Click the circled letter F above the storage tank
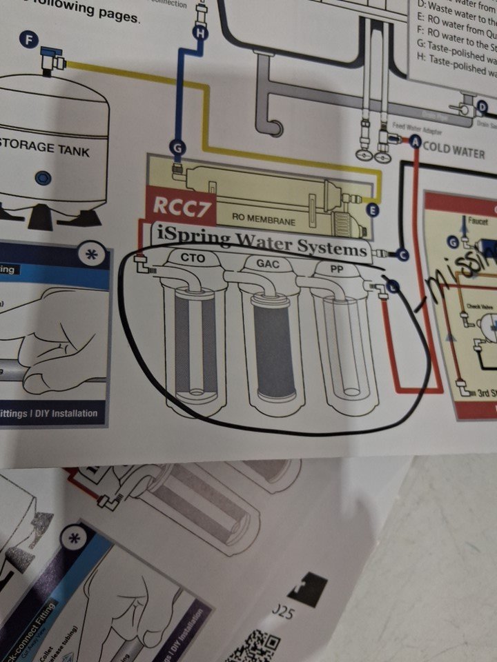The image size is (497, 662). (29, 41)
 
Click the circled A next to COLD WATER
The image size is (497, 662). (416, 142)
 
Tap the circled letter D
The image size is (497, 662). (483, 106)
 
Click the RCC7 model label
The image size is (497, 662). (177, 206)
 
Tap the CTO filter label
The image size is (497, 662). (190, 258)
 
